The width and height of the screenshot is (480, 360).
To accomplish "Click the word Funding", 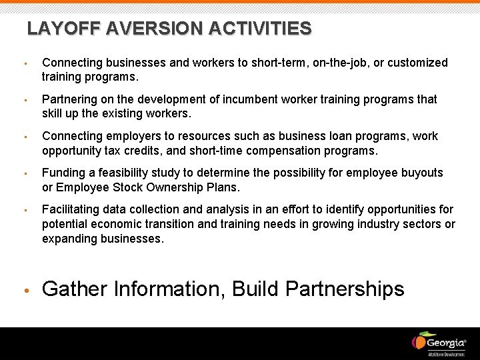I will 64,173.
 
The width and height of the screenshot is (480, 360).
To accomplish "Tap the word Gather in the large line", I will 75,289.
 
